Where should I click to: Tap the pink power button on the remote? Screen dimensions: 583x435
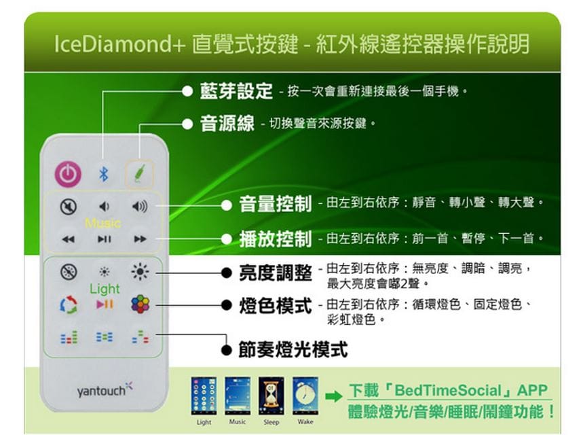[x=68, y=174]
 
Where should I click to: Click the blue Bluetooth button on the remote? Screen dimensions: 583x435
[x=104, y=174]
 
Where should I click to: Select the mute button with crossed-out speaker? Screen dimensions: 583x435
[x=69, y=206]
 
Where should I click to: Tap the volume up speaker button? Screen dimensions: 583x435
[x=140, y=206]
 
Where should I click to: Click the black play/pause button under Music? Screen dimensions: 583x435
[x=104, y=239]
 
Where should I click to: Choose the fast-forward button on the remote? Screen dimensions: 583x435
[x=140, y=239]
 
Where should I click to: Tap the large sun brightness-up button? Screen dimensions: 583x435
[x=140, y=271]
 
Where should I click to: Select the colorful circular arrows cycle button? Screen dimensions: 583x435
[x=69, y=304]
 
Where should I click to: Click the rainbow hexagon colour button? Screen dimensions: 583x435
[x=140, y=304]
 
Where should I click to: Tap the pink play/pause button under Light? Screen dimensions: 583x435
[x=105, y=304]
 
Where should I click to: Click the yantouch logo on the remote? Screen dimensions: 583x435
[x=105, y=389]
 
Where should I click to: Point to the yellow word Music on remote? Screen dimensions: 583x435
[x=103, y=223]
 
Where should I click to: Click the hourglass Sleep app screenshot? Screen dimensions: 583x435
[x=271, y=396]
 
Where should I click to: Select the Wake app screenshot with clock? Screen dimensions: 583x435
[x=305, y=396]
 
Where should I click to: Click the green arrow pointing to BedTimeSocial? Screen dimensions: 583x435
[x=333, y=396]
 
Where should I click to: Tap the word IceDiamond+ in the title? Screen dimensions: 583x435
[x=119, y=43]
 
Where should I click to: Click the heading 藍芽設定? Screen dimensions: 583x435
[x=236, y=91]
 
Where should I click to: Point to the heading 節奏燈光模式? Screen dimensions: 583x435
[x=293, y=349]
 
